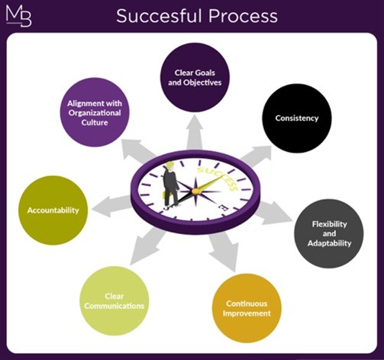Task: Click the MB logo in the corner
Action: (18, 16)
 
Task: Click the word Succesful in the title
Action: (160, 16)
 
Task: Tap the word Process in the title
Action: (243, 16)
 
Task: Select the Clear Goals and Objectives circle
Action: (195, 77)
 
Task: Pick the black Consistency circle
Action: (297, 118)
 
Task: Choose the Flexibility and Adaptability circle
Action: (329, 233)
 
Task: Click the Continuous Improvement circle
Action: (247, 308)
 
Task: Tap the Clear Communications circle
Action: (114, 301)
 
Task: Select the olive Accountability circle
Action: (53, 211)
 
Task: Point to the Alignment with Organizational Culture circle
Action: (95, 113)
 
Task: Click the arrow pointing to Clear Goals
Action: (195, 132)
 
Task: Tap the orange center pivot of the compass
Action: (195, 191)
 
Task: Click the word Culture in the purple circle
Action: (95, 123)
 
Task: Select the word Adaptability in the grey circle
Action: (329, 243)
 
